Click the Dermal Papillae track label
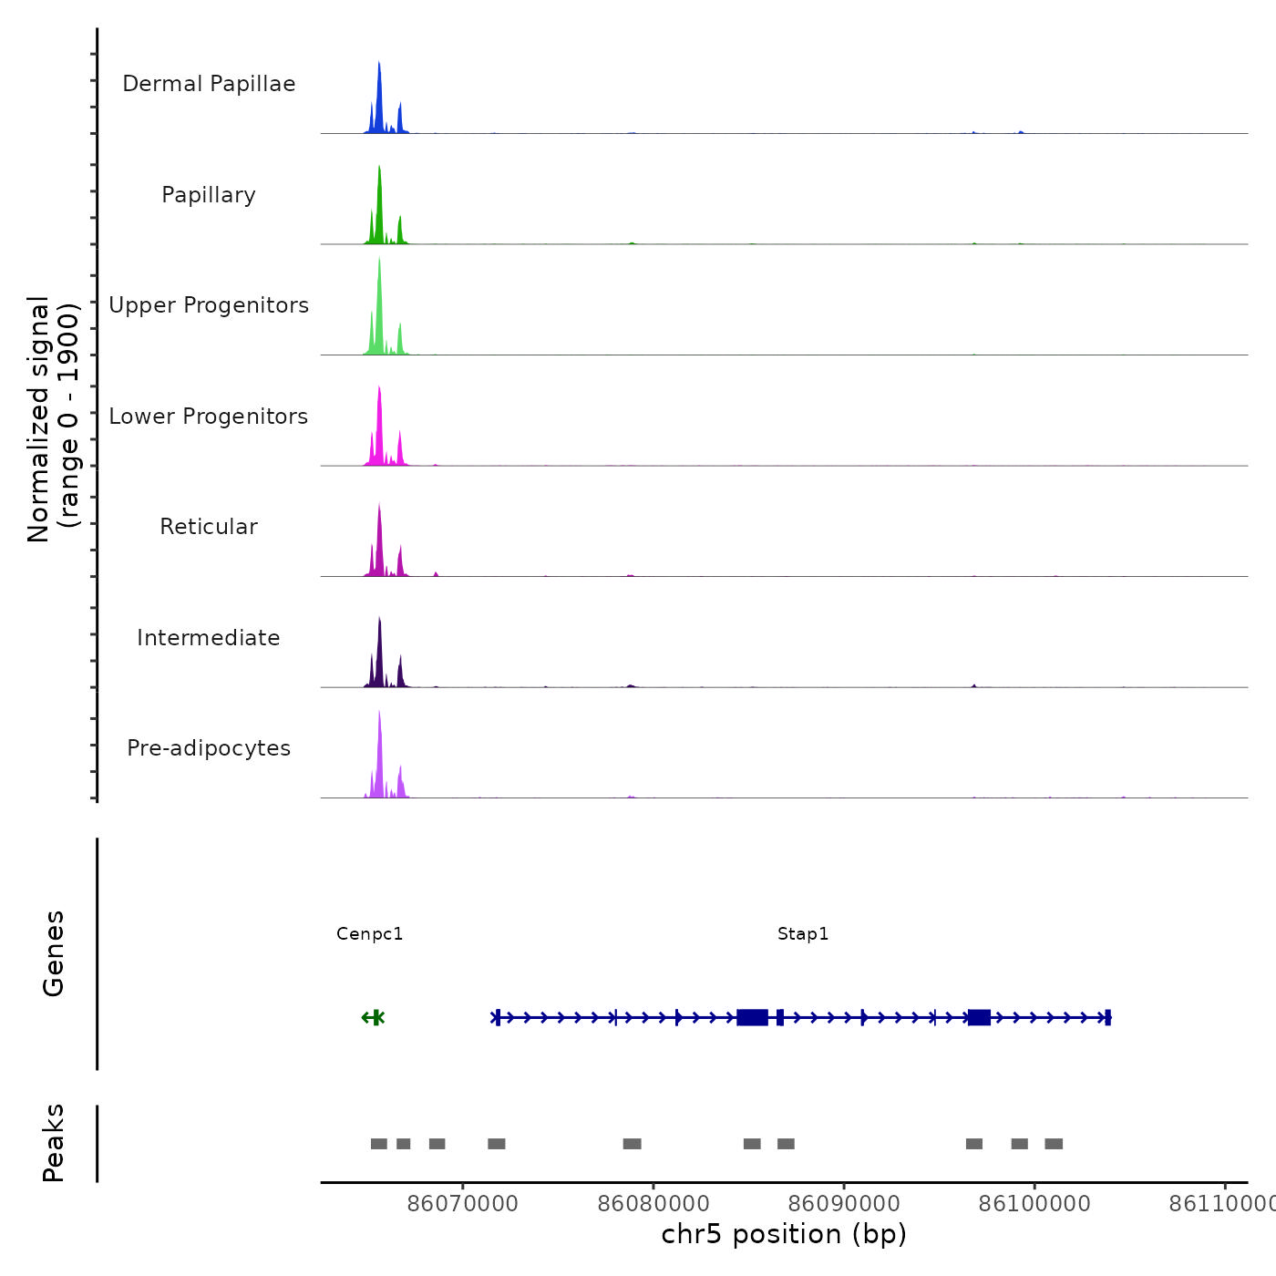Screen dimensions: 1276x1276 (209, 84)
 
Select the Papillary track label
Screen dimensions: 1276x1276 (209, 195)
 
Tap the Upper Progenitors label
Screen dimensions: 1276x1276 (209, 305)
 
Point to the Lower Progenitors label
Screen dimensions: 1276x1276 (209, 417)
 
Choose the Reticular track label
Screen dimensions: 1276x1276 (209, 527)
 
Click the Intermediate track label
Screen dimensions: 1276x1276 (209, 638)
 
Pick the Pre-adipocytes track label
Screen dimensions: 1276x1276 (209, 748)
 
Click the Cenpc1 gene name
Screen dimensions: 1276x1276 (369, 934)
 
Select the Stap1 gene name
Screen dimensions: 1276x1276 (803, 934)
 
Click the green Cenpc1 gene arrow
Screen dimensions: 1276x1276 (373, 1017)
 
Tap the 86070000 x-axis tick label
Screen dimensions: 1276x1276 (463, 1204)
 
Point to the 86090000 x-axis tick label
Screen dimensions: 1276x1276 (844, 1204)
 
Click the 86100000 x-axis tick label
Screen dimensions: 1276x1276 (1034, 1204)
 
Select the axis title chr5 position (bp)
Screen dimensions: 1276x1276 (784, 1235)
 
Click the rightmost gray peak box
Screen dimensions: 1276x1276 (1054, 1144)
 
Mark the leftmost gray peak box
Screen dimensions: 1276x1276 (379, 1144)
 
